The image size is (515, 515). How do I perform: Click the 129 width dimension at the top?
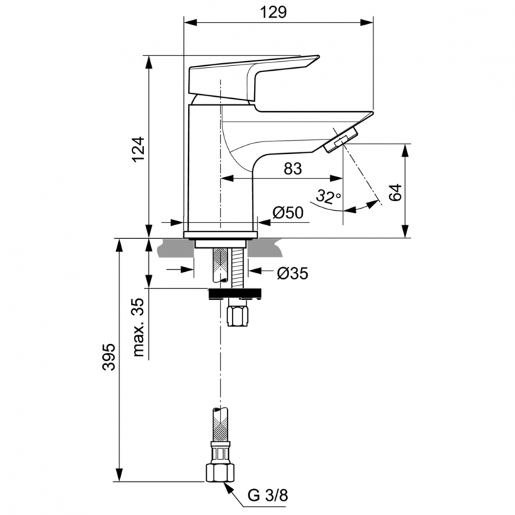pyautogui.click(x=279, y=12)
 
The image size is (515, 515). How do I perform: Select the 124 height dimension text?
pyautogui.click(x=139, y=149)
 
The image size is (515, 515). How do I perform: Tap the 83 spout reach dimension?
pyautogui.click(x=292, y=169)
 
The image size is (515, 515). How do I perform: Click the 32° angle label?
pyautogui.click(x=328, y=198)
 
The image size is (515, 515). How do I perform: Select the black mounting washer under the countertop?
pyautogui.click(x=236, y=294)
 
